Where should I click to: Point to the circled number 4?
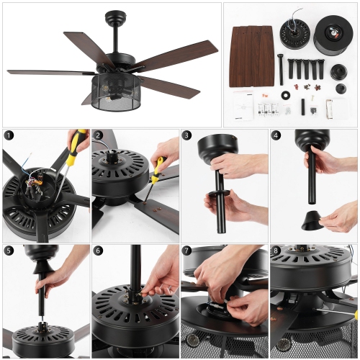(276, 135)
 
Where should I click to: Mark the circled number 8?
(276, 251)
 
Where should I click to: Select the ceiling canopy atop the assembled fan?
(116, 16)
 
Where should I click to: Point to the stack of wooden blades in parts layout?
(251, 55)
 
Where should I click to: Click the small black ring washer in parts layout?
(286, 96)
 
